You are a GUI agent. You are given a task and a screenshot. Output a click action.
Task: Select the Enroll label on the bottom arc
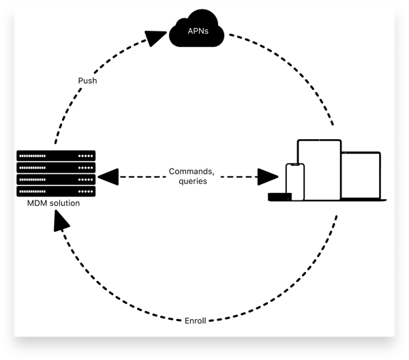pos(196,320)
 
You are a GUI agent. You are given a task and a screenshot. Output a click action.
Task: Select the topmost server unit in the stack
pos(57,155)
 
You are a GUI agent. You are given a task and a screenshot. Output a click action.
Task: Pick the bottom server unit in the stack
pos(57,191)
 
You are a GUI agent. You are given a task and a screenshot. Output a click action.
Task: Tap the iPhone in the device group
pos(294,181)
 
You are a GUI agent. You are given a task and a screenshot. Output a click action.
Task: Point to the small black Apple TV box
pos(279,197)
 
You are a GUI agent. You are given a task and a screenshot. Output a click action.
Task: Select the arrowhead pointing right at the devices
pos(269,177)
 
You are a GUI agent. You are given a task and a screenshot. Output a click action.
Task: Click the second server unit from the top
pos(57,167)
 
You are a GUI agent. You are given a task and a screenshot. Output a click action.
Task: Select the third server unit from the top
pos(57,179)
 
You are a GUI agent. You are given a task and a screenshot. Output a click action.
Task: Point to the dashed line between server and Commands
pos(140,177)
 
